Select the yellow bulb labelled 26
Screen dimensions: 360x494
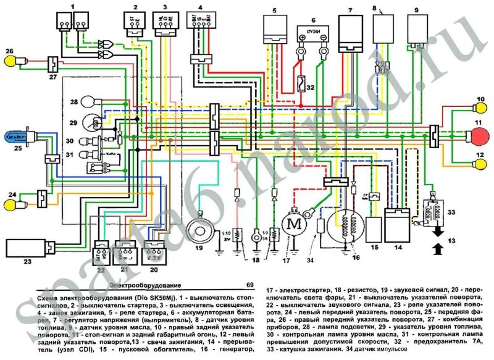(11, 61)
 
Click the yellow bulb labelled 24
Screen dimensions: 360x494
(11, 201)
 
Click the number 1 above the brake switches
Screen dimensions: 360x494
(72, 6)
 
